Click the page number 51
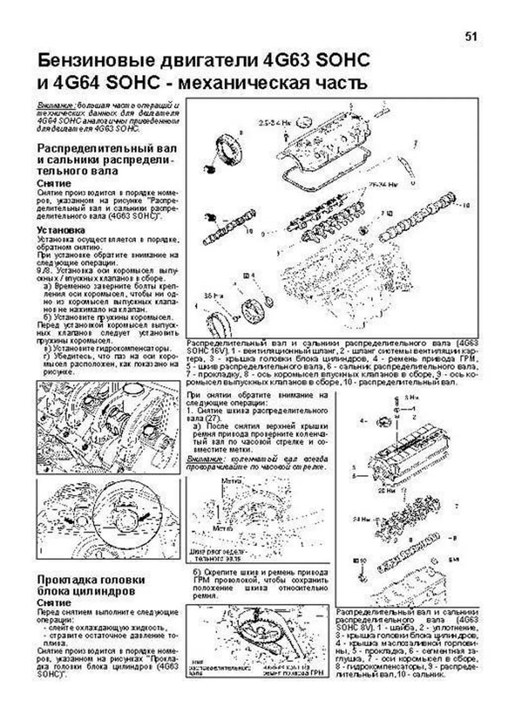coord(470,37)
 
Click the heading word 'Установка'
coord(61,230)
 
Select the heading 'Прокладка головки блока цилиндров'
coord(91,585)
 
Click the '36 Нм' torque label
coord(209,296)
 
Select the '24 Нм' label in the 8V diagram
coord(361,519)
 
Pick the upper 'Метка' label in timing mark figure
coord(228,481)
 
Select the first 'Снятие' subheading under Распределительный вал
coord(54,183)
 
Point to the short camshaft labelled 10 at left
coord(229,225)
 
